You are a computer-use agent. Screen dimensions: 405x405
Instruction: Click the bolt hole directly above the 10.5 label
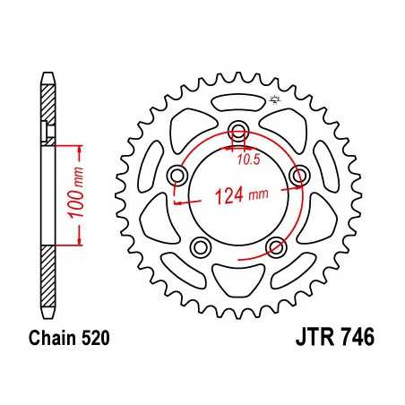tap(237, 129)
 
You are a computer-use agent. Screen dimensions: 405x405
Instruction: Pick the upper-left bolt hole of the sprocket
tap(176, 173)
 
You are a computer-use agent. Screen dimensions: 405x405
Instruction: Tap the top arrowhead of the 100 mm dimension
tap(80, 145)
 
